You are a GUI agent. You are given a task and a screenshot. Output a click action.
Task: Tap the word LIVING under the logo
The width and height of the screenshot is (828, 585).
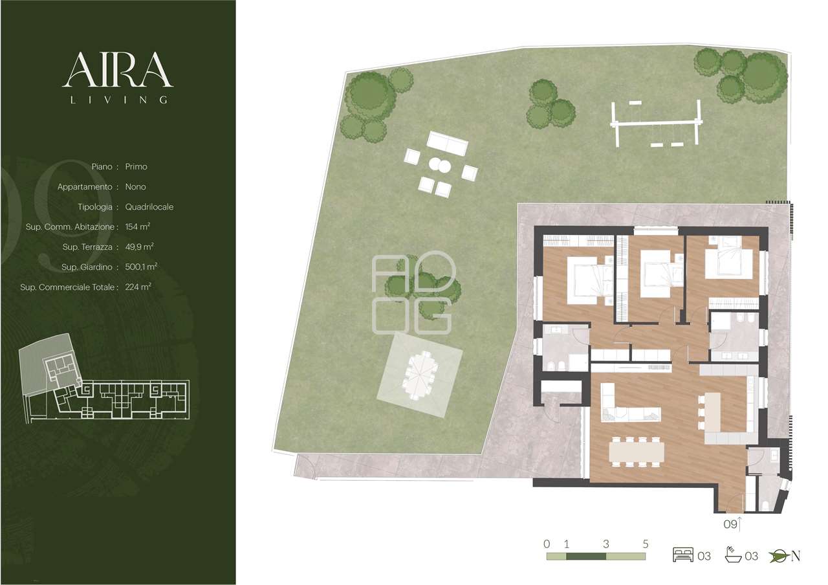[119, 100]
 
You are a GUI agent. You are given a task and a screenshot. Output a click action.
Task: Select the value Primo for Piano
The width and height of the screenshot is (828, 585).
[136, 167]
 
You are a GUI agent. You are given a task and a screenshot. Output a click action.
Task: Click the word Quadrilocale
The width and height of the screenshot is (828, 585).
[149, 206]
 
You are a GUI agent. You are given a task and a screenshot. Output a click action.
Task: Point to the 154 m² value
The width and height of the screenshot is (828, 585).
[138, 226]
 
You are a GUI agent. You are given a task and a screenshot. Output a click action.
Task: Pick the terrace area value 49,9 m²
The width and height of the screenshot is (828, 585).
[139, 247]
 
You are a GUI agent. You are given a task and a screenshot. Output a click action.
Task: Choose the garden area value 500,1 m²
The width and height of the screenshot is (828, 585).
[141, 267]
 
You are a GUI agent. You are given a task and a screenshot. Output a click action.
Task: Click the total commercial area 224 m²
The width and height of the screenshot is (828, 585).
[138, 287]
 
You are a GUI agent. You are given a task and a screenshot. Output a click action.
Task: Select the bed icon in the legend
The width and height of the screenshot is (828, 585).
[683, 556]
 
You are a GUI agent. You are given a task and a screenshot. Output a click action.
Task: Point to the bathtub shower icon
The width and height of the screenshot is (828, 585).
[734, 555]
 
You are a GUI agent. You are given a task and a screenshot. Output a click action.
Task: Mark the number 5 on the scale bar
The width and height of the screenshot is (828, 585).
[646, 544]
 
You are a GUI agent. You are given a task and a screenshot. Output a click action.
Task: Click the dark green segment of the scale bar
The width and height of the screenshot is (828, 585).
[586, 556]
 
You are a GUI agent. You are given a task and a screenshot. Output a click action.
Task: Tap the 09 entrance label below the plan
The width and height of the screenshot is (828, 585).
[730, 524]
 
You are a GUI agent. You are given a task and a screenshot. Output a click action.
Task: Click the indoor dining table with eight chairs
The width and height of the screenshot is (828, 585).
[636, 452]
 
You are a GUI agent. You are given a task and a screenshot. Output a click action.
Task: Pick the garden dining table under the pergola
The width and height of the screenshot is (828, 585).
[421, 375]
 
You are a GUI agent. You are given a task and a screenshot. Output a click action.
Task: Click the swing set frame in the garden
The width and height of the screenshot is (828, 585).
[657, 123]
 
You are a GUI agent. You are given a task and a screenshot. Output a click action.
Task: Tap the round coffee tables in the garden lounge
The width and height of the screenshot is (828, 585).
[440, 165]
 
